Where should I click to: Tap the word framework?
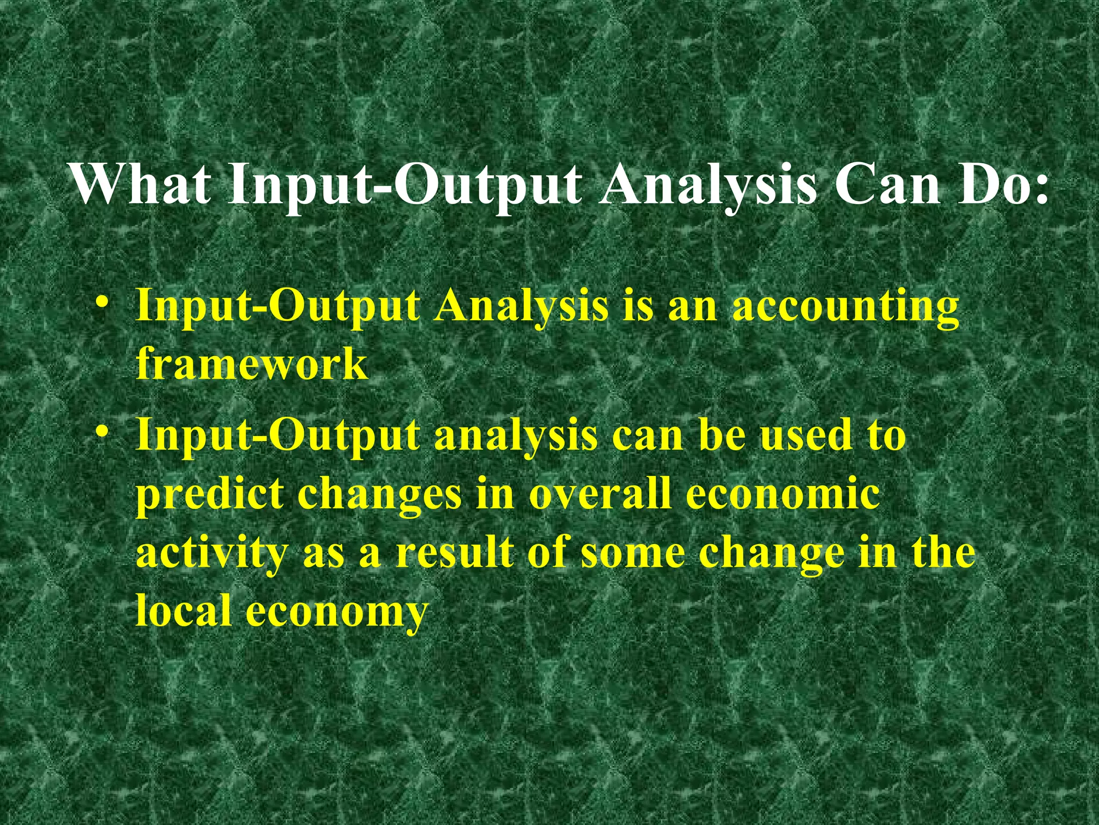(252, 364)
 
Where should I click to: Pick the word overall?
(600, 493)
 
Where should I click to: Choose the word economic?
(783, 493)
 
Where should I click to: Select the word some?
(633, 553)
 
